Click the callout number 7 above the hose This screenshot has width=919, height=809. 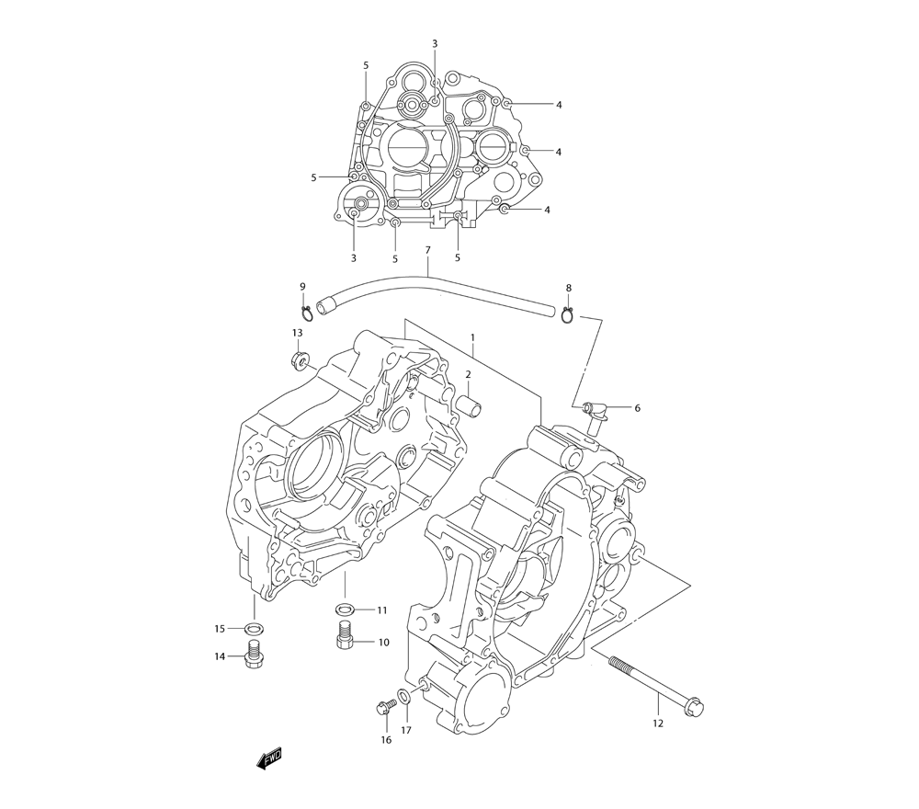(x=427, y=250)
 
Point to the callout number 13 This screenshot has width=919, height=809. (x=297, y=333)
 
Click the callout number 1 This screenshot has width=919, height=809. (x=473, y=338)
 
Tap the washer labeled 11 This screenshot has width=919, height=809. (x=346, y=610)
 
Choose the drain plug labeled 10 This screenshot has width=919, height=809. (x=346, y=635)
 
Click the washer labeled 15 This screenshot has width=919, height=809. (x=255, y=629)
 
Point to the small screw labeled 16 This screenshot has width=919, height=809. (x=384, y=707)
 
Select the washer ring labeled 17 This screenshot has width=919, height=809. (x=404, y=695)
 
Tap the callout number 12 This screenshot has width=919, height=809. (x=657, y=723)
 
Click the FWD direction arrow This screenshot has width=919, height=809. (x=270, y=758)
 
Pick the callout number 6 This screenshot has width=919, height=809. (x=637, y=407)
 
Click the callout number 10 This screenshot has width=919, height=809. (x=382, y=642)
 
